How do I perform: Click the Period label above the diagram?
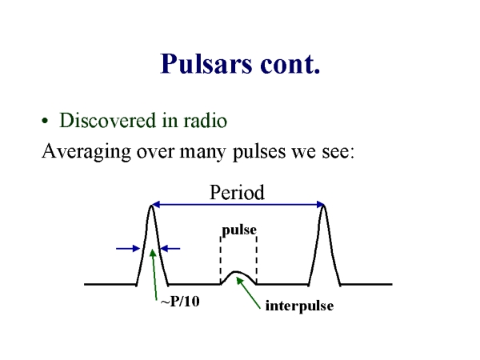(x=237, y=192)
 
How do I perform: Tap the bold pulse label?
(x=238, y=230)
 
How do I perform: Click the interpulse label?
(x=298, y=306)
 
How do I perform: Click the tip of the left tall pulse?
(x=151, y=206)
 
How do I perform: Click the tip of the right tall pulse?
(x=323, y=206)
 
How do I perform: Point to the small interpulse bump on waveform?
(x=238, y=274)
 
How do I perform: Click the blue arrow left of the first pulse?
(x=128, y=249)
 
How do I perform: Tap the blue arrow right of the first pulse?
(x=171, y=249)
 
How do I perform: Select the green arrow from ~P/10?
(x=152, y=274)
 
